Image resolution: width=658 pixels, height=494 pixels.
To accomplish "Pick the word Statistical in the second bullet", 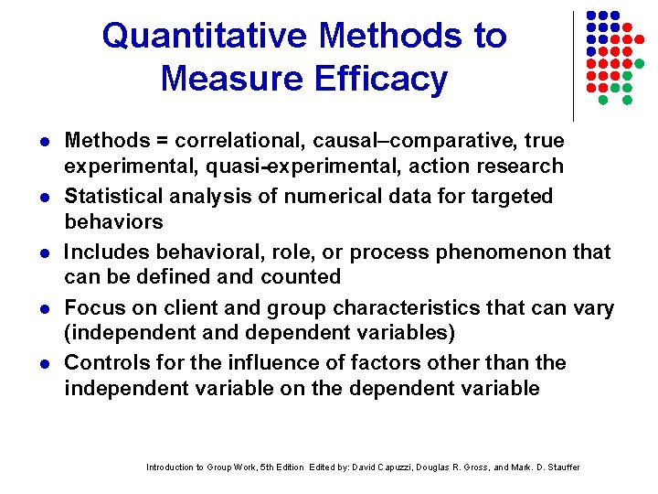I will click(113, 196).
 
